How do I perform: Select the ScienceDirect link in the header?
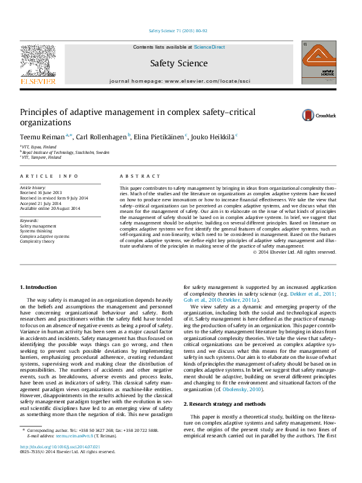(209, 47)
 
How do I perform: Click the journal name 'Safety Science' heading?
(178, 63)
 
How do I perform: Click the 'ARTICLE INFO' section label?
(49, 176)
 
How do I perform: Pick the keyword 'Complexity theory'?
(37, 241)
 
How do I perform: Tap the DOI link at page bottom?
(60, 447)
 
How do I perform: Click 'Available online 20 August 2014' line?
(50, 208)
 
